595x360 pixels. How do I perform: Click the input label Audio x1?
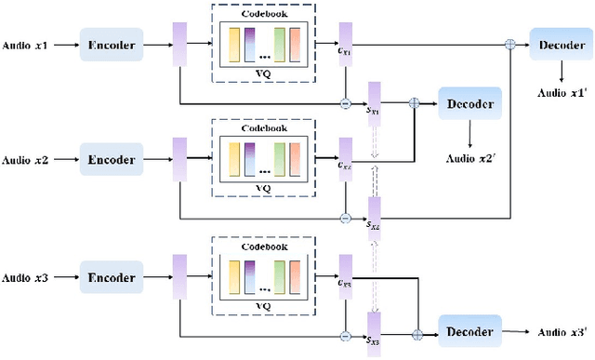point(26,44)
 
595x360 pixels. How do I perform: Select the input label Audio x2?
point(26,160)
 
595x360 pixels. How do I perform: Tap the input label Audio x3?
point(26,277)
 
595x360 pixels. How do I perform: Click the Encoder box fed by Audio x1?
point(112,44)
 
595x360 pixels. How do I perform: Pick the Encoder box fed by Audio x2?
point(112,160)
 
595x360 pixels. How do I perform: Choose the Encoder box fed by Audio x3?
point(112,277)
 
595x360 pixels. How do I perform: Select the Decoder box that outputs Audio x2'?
point(470,103)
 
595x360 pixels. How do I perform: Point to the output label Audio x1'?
point(565,92)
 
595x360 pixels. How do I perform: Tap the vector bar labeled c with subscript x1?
point(345,44)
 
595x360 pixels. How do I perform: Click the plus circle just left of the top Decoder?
point(509,44)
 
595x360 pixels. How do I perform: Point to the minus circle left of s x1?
point(345,103)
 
